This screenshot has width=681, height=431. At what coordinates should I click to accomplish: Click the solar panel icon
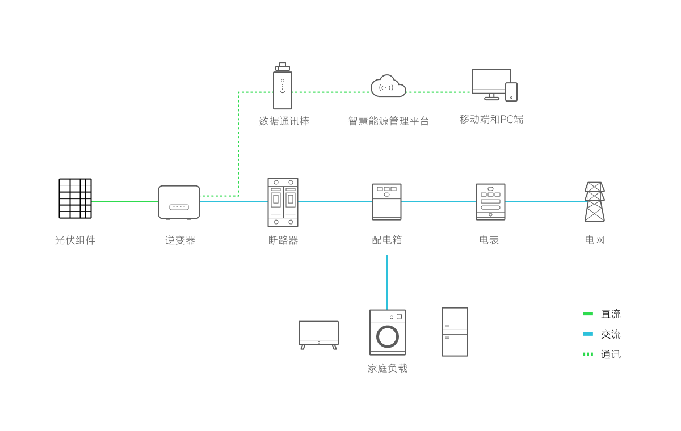(x=75, y=198)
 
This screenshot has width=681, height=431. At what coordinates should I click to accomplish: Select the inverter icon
(x=179, y=202)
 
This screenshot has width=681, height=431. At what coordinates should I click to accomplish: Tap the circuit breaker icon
(x=283, y=202)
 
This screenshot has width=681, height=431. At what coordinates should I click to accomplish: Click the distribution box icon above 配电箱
(x=386, y=202)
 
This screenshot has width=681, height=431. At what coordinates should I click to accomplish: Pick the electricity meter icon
(x=490, y=202)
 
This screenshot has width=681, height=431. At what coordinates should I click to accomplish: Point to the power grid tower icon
(x=594, y=202)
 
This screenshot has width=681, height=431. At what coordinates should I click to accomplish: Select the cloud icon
(x=388, y=86)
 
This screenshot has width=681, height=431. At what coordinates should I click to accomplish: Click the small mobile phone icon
(x=511, y=92)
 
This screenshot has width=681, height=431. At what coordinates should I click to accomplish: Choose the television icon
(x=318, y=334)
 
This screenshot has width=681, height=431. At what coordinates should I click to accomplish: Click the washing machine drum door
(x=387, y=336)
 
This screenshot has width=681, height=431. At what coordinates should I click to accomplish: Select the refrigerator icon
(x=455, y=332)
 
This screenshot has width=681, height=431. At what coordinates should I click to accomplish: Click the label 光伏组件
(x=75, y=240)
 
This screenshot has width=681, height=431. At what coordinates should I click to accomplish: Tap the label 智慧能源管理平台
(x=388, y=121)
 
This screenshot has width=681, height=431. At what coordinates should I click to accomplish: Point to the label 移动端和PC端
(x=491, y=120)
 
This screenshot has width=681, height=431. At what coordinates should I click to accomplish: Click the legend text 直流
(x=611, y=314)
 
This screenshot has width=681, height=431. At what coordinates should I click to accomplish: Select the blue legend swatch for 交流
(x=588, y=334)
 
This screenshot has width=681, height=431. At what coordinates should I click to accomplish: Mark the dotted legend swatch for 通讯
(x=588, y=354)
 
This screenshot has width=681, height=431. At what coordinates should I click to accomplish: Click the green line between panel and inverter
(x=125, y=201)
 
